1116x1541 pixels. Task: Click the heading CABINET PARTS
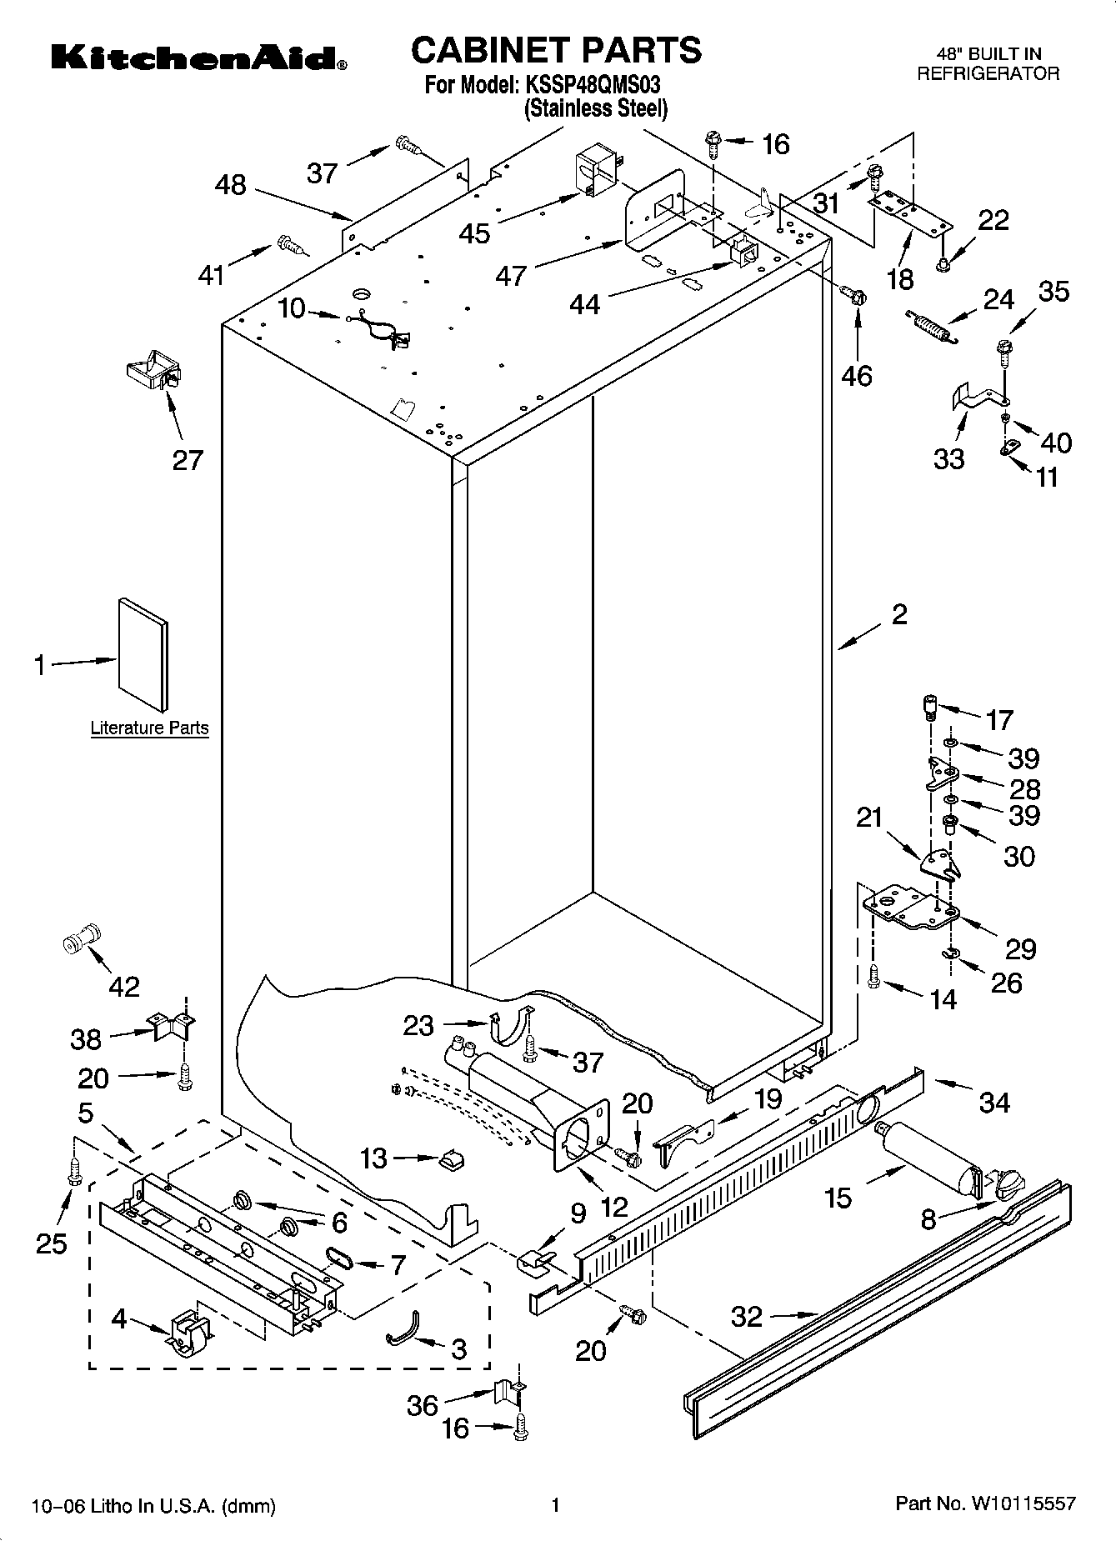556,50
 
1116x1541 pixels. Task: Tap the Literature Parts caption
149,728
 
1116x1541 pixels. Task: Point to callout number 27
188,460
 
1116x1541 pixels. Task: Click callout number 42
124,987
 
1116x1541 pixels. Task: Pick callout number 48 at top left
231,184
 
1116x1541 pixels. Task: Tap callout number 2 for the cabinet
899,615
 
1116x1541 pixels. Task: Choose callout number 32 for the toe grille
747,1316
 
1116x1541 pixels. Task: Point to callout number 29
1020,948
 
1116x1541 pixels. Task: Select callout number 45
475,233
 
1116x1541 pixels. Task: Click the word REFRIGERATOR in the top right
988,73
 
